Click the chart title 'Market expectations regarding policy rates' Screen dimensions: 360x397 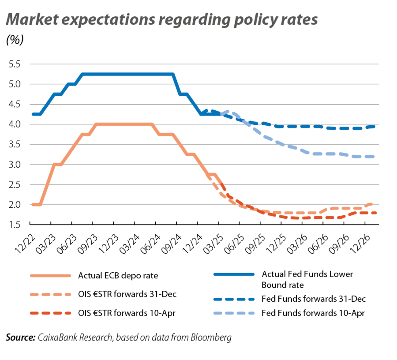point(161,20)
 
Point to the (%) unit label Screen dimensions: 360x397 point(15,40)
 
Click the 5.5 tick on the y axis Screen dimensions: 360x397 point(15,64)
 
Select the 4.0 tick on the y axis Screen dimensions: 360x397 point(15,124)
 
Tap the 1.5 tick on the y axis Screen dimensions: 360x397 point(15,225)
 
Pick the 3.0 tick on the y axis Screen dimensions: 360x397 point(15,165)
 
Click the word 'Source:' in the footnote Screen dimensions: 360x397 point(20,338)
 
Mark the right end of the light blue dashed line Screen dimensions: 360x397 point(374,156)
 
